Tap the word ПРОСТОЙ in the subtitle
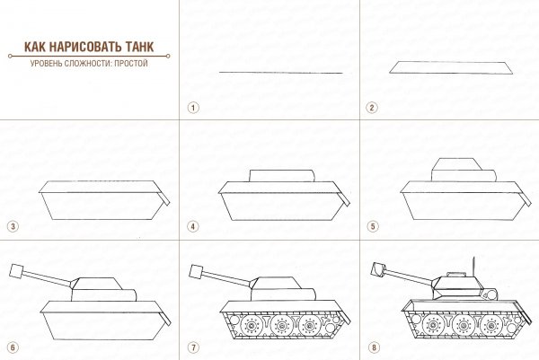point(131,64)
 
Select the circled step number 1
point(192,106)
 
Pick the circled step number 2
point(372,106)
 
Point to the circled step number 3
point(12,226)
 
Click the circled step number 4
point(192,226)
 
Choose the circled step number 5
point(372,226)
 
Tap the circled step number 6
point(12,347)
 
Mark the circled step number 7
point(192,347)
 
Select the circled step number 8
point(372,347)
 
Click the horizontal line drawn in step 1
point(280,72)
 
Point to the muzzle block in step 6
point(15,269)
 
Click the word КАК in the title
point(28,49)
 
